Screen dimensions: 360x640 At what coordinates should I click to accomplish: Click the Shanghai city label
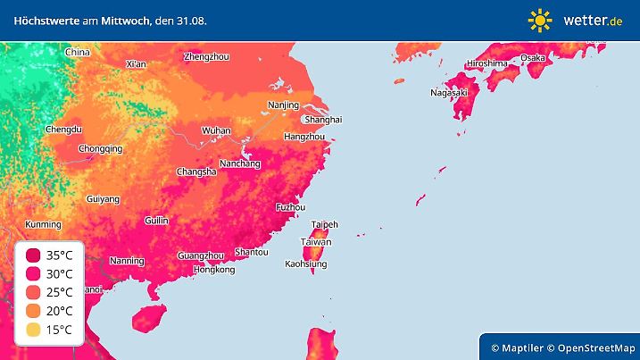pyautogui.click(x=323, y=119)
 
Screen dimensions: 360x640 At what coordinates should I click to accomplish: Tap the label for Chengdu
pyautogui.click(x=63, y=130)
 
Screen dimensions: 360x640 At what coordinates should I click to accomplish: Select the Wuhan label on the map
pyautogui.click(x=216, y=130)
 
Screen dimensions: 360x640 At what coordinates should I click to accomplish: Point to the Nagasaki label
pyautogui.click(x=449, y=92)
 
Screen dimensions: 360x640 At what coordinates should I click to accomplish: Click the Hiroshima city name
pyautogui.click(x=486, y=63)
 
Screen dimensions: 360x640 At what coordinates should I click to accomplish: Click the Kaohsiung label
pyautogui.click(x=306, y=264)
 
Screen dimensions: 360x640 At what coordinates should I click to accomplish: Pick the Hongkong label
pyautogui.click(x=213, y=269)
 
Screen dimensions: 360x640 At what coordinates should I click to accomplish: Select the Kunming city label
pyautogui.click(x=43, y=224)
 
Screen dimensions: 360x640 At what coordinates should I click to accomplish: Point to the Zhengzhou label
pyautogui.click(x=206, y=56)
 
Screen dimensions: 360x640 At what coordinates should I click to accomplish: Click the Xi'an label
pyautogui.click(x=136, y=63)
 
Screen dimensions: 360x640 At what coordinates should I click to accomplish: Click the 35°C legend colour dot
pyautogui.click(x=32, y=255)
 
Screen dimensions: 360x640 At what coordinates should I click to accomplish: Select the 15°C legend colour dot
pyautogui.click(x=32, y=331)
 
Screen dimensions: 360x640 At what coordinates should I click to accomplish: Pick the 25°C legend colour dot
pyautogui.click(x=32, y=292)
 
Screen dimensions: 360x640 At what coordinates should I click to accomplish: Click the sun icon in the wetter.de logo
pyautogui.click(x=540, y=20)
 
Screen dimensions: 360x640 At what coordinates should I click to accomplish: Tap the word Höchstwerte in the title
pyautogui.click(x=41, y=20)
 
